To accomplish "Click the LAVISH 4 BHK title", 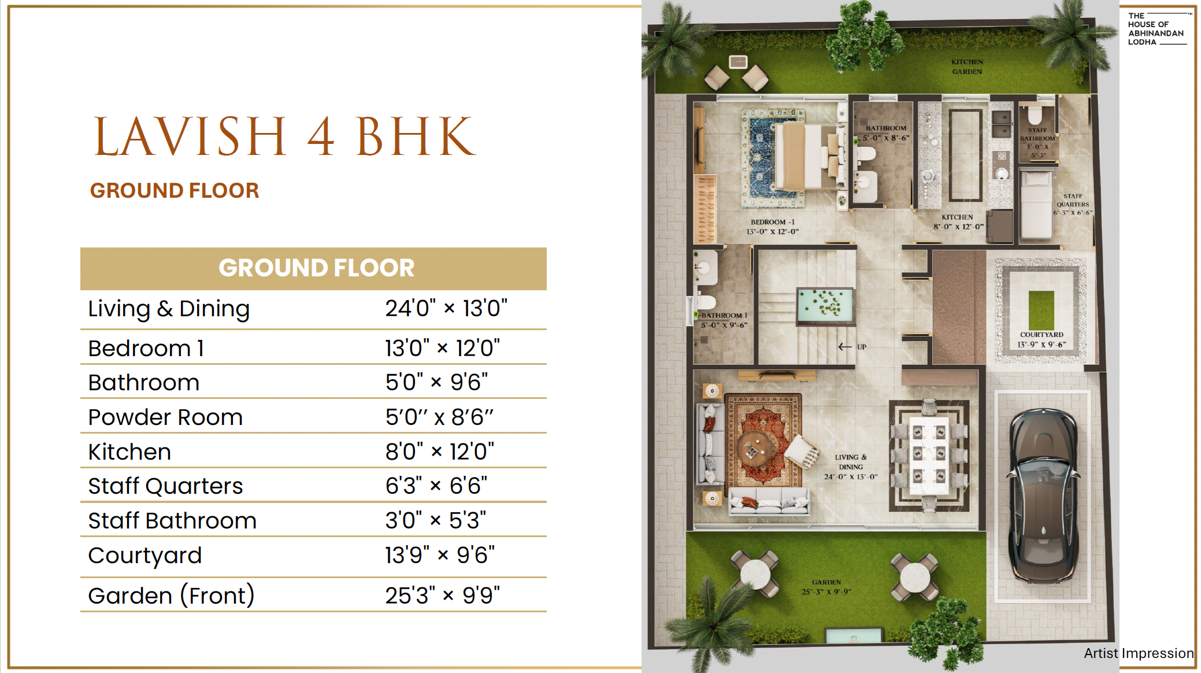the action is click(x=285, y=136).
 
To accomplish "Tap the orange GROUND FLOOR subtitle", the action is click(x=175, y=191).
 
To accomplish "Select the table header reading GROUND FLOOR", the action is click(x=316, y=268).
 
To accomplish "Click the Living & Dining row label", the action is click(x=169, y=309).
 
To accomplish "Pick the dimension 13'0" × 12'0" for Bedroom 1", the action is click(x=443, y=348).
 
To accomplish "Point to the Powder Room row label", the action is click(x=165, y=417).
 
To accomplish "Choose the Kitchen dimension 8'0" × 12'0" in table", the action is click(x=440, y=452).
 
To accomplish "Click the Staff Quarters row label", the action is click(x=165, y=486).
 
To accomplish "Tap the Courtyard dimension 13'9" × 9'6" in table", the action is click(x=440, y=555).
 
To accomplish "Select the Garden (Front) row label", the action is click(x=171, y=596).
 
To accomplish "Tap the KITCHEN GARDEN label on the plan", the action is click(x=967, y=66).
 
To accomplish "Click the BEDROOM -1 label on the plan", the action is click(x=772, y=222).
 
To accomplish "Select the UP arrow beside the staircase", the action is click(x=845, y=347).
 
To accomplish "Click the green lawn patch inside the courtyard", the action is click(x=1041, y=310).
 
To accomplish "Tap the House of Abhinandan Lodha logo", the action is click(x=1158, y=29).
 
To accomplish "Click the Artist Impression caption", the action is click(x=1139, y=653).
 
